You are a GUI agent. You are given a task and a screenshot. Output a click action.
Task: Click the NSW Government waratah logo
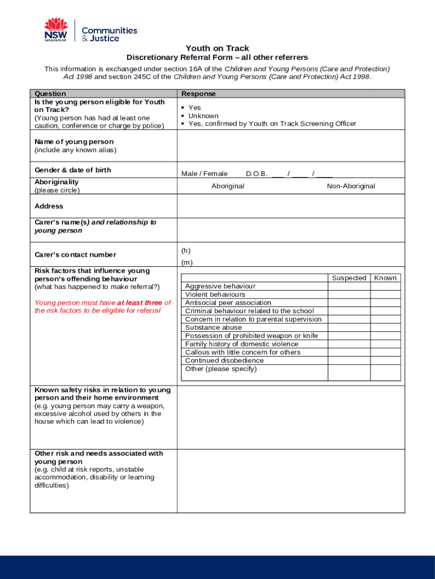[56, 30]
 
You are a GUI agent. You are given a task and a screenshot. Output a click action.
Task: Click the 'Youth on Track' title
[217, 49]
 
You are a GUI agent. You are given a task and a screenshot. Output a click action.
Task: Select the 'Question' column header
[50, 94]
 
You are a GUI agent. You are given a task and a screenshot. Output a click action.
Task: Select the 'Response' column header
[198, 94]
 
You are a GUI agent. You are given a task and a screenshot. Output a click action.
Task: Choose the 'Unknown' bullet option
[203, 116]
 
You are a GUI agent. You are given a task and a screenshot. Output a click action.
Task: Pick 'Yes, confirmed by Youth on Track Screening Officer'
[272, 124]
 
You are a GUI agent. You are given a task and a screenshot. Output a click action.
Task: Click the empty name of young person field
[290, 146]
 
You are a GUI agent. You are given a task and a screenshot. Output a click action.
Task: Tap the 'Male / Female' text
[205, 174]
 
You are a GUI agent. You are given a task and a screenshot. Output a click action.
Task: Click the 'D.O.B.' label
[256, 174]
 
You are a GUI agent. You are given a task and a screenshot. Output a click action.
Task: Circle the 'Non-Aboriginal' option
[351, 186]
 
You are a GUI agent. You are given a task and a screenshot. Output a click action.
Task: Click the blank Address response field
[290, 206]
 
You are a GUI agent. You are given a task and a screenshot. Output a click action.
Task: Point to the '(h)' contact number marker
[186, 250]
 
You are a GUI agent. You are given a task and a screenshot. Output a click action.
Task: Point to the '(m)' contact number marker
[186, 262]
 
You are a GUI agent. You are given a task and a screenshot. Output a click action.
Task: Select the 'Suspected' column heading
[349, 278]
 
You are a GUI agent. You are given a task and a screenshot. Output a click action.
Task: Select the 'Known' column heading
[385, 278]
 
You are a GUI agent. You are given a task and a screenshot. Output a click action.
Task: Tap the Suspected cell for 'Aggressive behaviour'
[349, 286]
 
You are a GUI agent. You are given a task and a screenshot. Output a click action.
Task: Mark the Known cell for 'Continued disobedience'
[385, 361]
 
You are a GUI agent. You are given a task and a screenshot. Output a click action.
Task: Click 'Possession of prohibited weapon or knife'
[251, 336]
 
